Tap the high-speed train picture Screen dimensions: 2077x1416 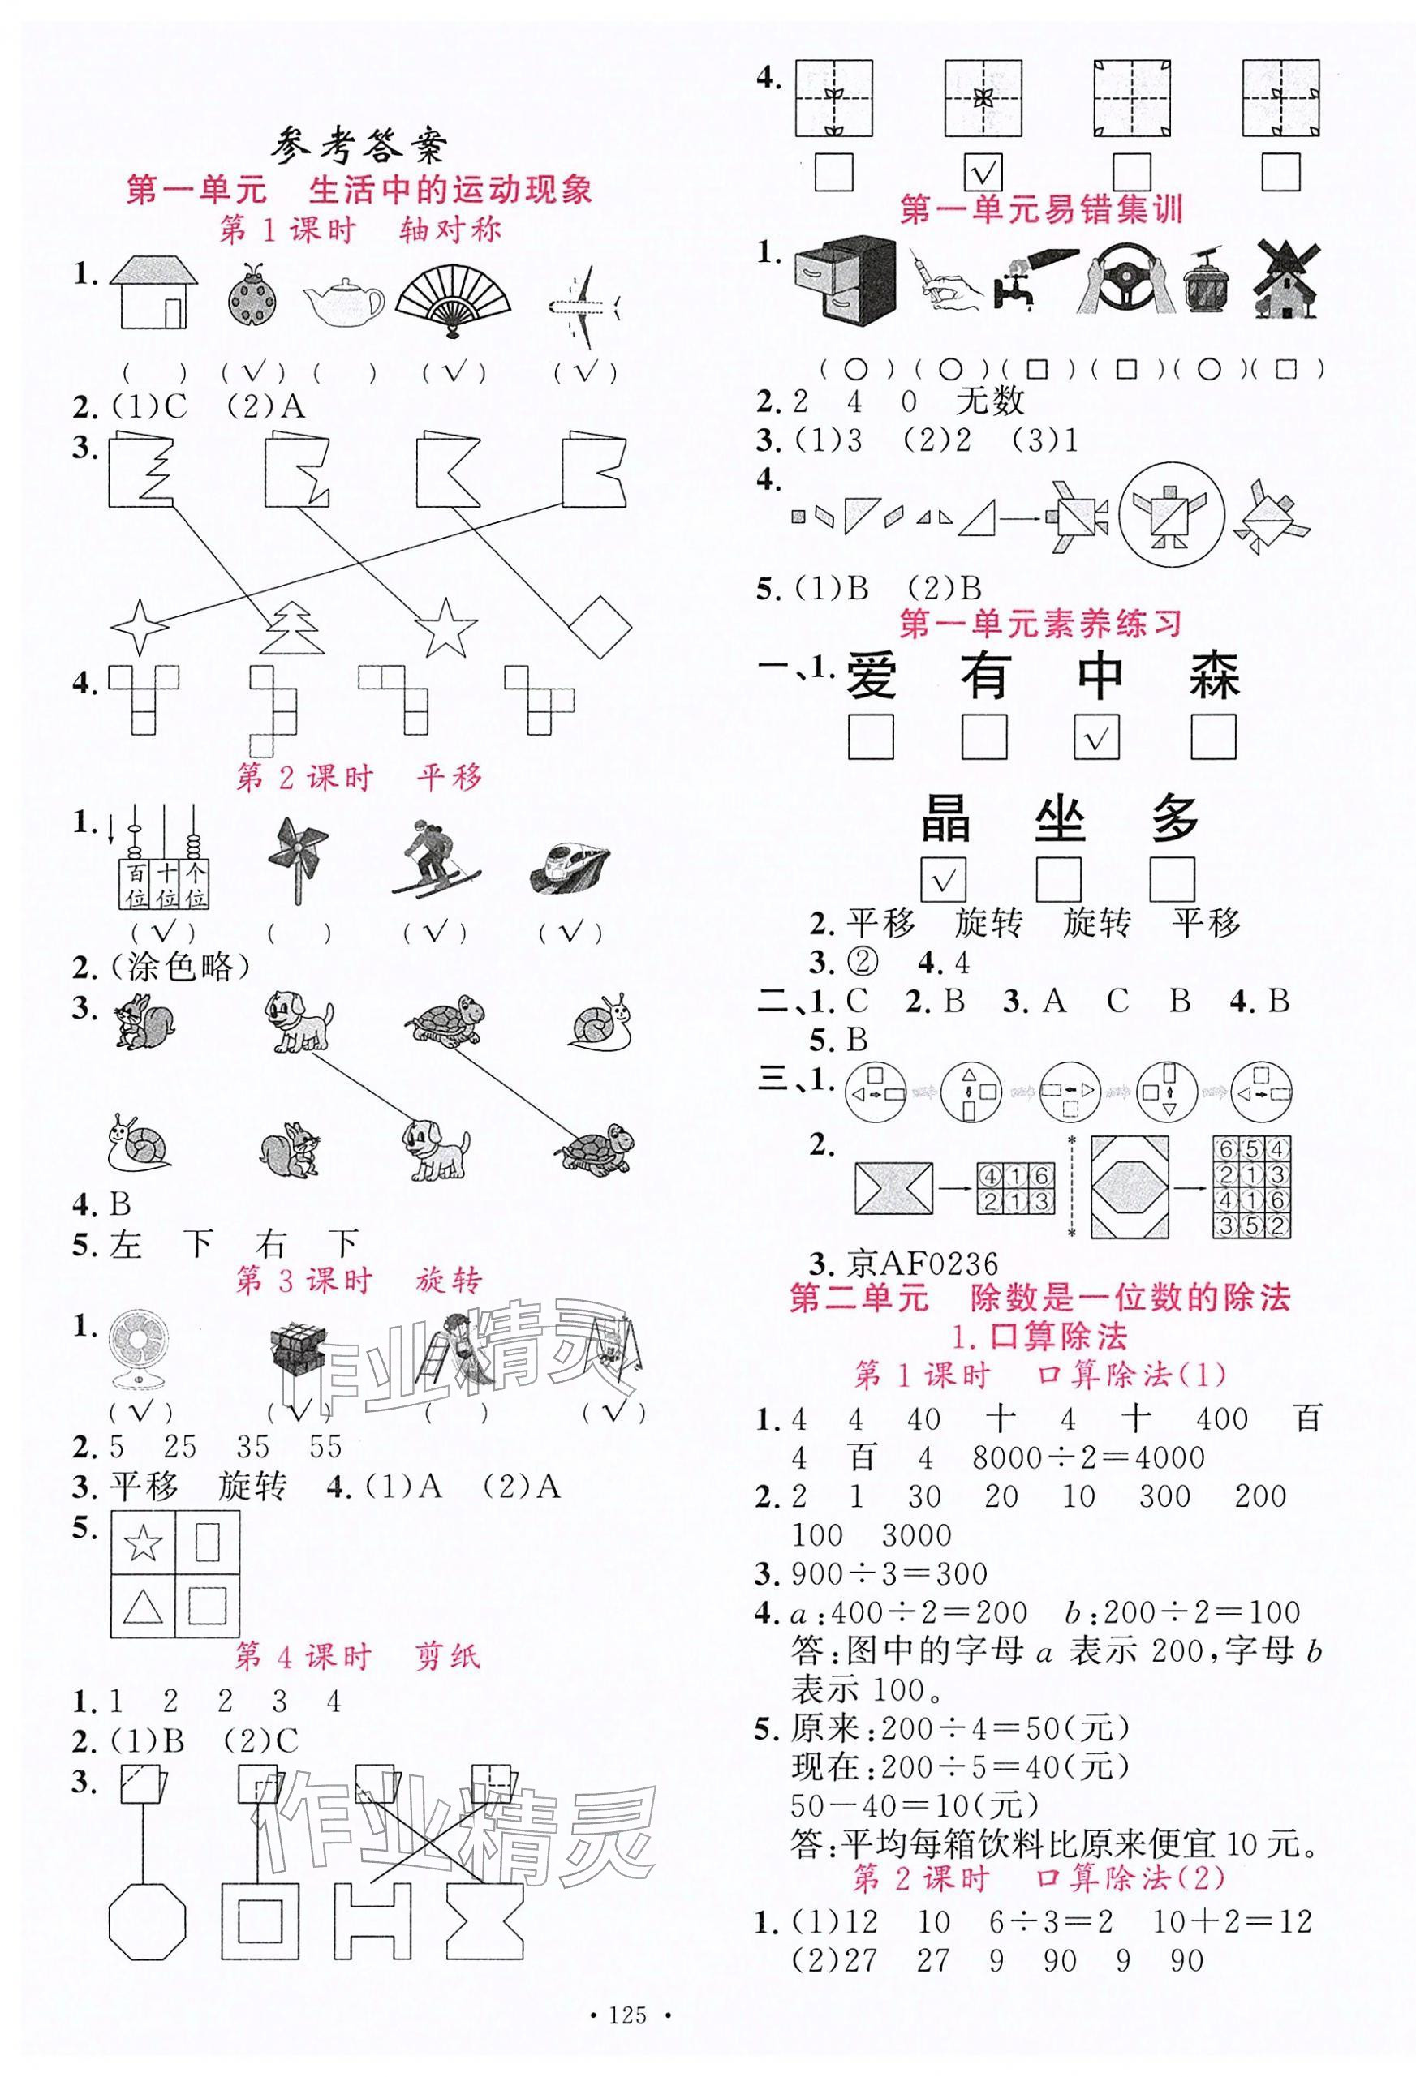pos(566,865)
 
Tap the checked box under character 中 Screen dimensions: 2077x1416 pos(1098,737)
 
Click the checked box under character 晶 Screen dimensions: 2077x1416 pos(945,880)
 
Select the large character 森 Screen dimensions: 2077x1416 pos(1214,676)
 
